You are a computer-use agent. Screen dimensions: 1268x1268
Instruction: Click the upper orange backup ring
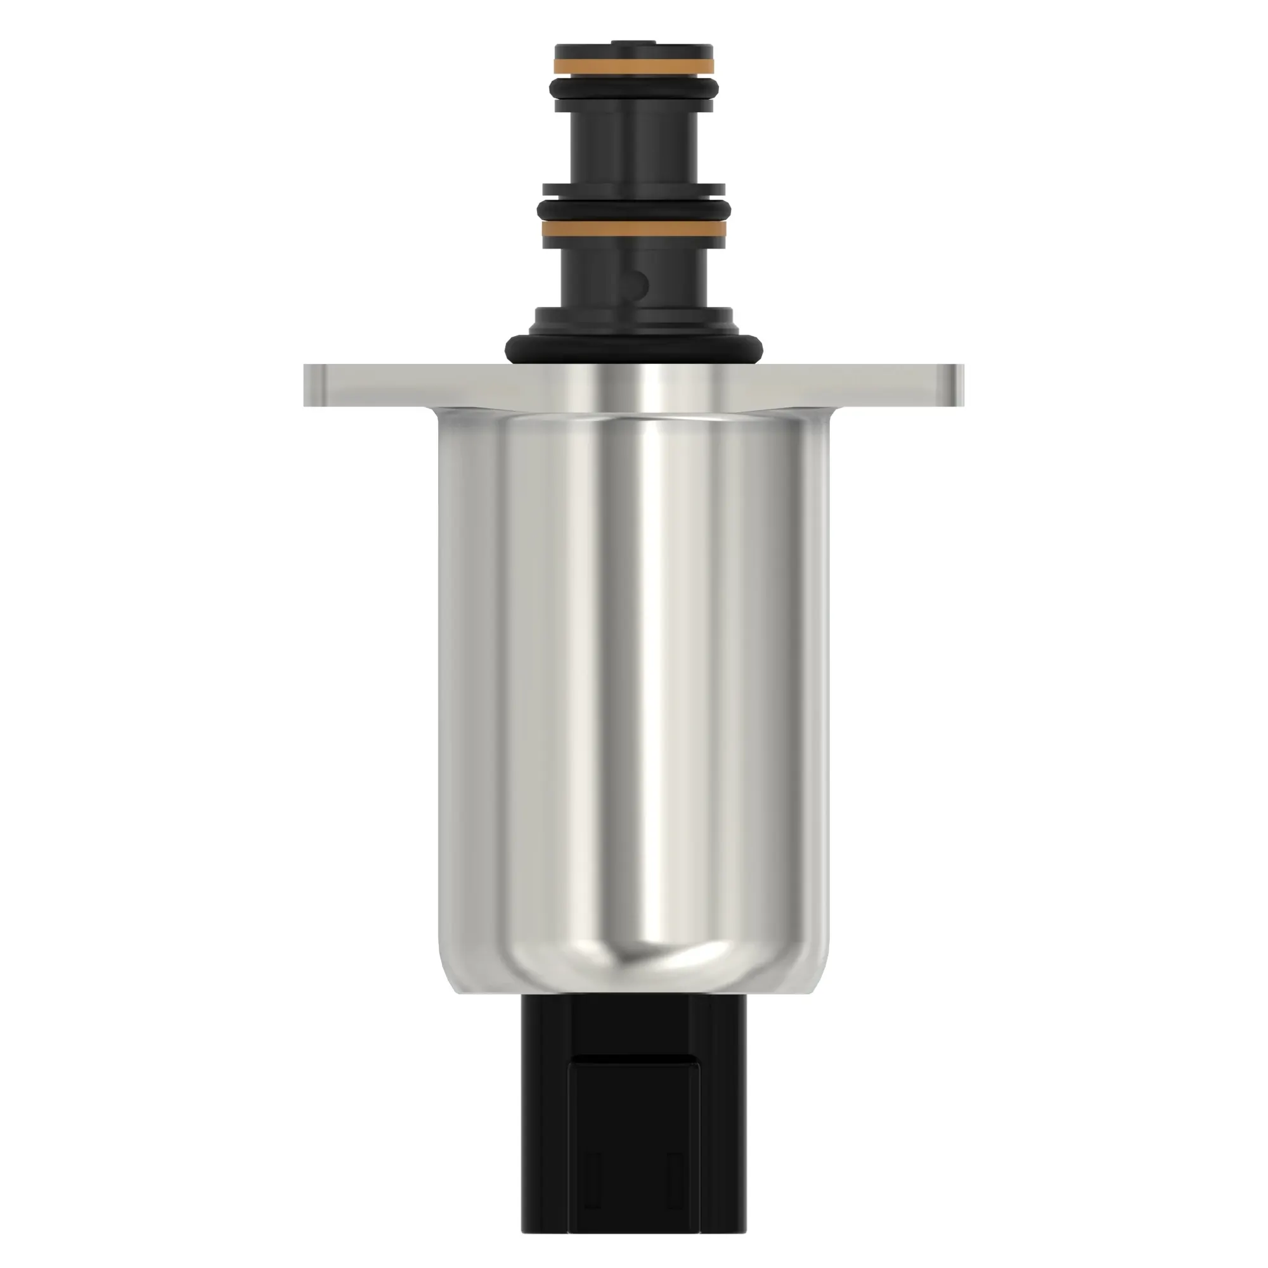coord(633,67)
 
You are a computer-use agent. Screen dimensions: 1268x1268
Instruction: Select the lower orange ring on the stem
coord(633,228)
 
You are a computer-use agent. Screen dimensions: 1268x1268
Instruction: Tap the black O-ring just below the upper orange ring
coord(633,87)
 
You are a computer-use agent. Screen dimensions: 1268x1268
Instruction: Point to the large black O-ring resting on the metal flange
coord(633,347)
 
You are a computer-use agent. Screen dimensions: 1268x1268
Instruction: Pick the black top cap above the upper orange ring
coord(633,51)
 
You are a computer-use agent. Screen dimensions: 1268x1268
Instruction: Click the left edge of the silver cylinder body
coord(443,689)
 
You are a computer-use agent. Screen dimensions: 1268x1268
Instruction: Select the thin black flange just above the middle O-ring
coord(633,190)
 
